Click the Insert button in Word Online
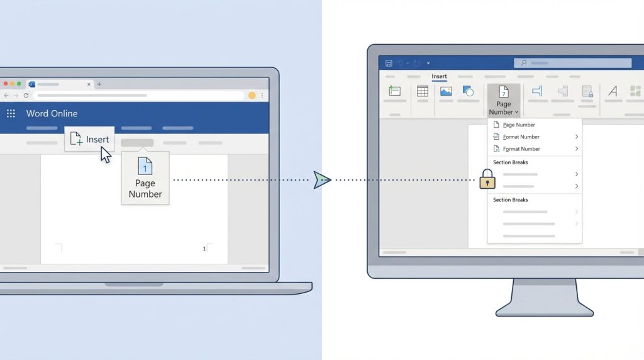pos(89,139)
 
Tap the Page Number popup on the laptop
pos(145,179)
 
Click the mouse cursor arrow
pos(106,155)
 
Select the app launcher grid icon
pos(11,113)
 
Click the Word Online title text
pos(52,113)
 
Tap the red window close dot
pos(6,84)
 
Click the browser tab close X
pos(89,84)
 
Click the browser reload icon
pos(26,95)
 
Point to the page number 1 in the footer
pos(204,249)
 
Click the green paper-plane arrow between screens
pos(322,179)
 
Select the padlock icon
pos(487,179)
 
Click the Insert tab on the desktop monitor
pos(439,76)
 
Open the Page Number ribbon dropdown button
pos(504,100)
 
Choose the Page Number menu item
pos(519,125)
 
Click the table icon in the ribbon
pos(422,91)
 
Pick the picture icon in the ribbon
pos(446,91)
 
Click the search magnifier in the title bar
pos(524,63)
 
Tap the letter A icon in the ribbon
pos(613,91)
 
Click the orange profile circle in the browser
pos(252,95)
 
